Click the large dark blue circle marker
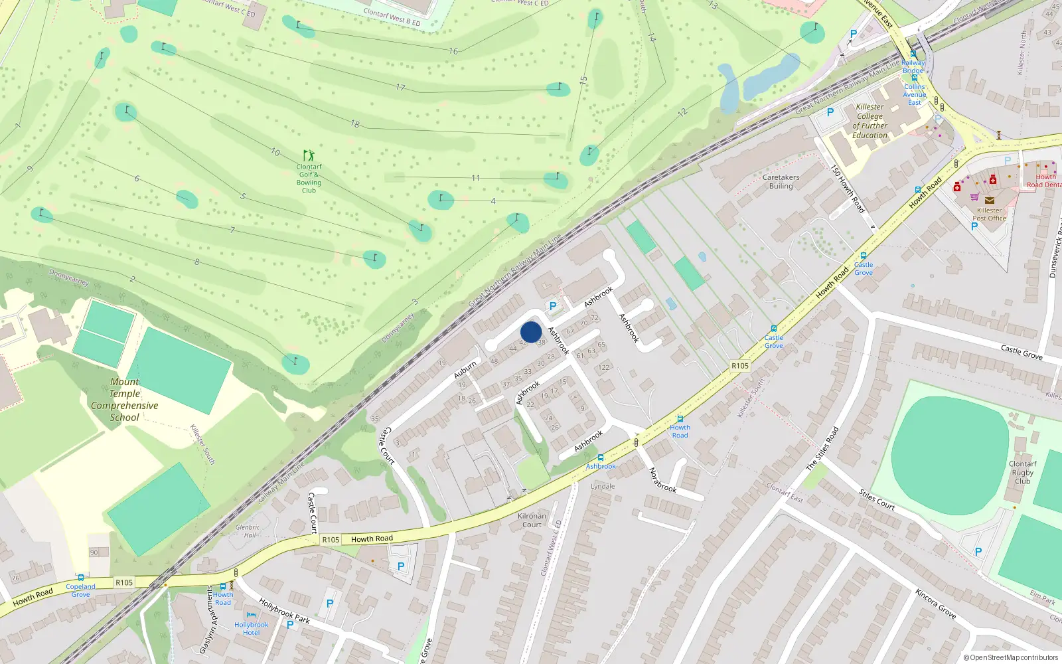click(x=531, y=332)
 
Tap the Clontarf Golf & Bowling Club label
click(x=309, y=178)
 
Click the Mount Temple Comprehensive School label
click(x=125, y=400)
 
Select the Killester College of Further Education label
click(x=870, y=121)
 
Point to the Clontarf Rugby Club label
click(x=1022, y=472)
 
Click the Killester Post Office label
click(x=989, y=214)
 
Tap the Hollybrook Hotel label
click(x=251, y=628)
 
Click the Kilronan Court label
click(x=532, y=520)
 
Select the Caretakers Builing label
click(x=781, y=181)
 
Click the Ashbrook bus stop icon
click(x=601, y=457)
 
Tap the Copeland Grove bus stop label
click(x=80, y=590)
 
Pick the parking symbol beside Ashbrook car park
click(x=552, y=306)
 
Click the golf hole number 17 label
click(x=400, y=87)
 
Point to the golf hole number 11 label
click(x=475, y=178)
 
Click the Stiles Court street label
click(x=877, y=499)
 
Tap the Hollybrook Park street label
click(x=284, y=611)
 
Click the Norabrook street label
click(x=662, y=480)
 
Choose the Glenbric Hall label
click(x=247, y=531)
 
